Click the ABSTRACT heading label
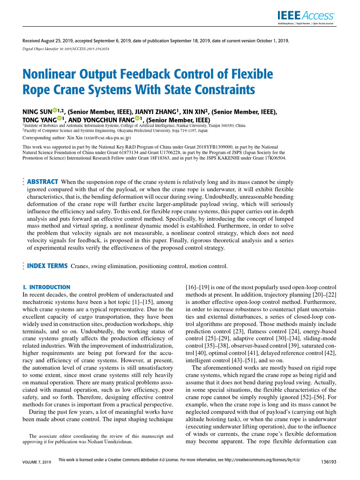(x=43, y=181)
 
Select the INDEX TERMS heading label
(x=47, y=266)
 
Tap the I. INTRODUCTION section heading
(x=47, y=287)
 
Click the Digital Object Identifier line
(x=66, y=49)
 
